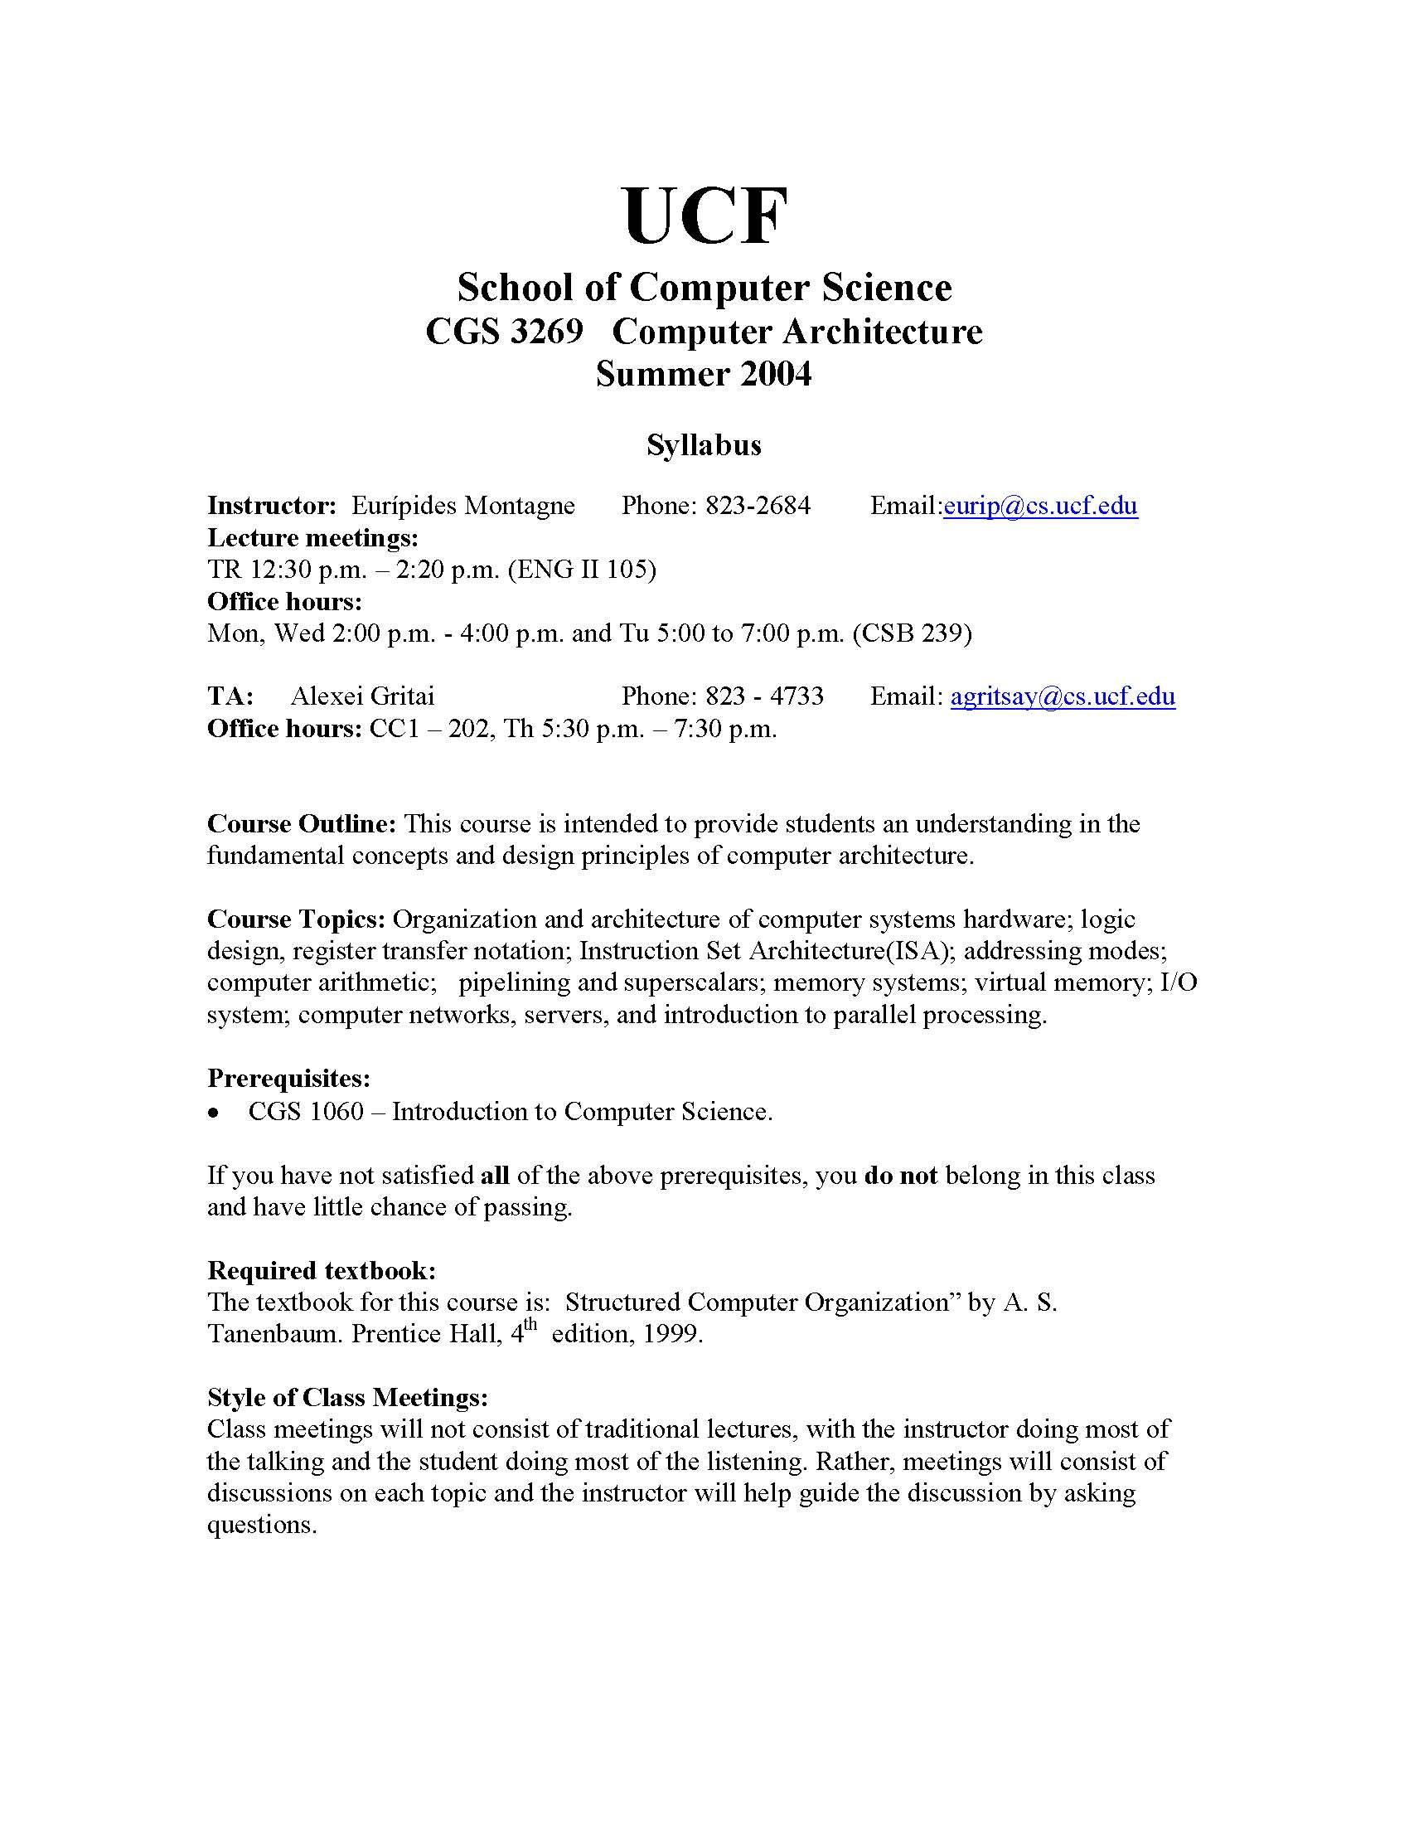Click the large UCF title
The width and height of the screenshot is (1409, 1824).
pos(704,217)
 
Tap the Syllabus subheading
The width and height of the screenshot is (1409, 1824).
pos(704,445)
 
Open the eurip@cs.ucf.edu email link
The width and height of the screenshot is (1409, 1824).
pos(1040,506)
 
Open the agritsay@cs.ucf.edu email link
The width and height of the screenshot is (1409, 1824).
pos(1063,696)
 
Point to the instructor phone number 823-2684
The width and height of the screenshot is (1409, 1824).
pos(757,506)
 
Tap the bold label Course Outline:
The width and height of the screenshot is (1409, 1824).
pos(302,824)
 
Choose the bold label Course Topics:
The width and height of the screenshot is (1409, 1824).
pos(297,919)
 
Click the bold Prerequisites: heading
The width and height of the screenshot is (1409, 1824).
pos(288,1079)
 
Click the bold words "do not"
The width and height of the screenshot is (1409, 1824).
pos(901,1176)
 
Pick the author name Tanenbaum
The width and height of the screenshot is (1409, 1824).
pos(274,1334)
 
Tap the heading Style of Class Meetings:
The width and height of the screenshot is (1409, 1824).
pos(347,1397)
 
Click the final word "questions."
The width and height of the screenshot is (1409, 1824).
pos(262,1526)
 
